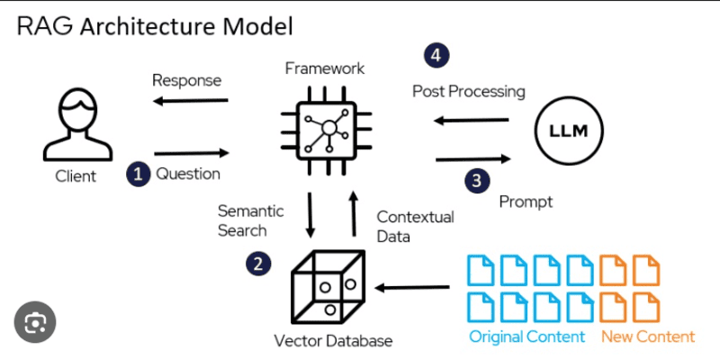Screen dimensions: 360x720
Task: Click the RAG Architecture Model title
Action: pos(155,26)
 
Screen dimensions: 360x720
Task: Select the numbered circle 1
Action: pos(137,174)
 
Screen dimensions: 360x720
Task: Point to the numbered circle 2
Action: pos(258,264)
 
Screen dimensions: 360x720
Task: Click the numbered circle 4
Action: pos(436,56)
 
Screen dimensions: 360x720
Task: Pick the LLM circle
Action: pos(568,131)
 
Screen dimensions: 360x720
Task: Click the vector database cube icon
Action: pos(327,286)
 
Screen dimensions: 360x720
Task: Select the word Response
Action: pos(186,80)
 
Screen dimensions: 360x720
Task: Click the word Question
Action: pos(188,173)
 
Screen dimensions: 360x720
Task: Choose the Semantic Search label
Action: pos(250,220)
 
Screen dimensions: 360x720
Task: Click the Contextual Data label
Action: pos(415,227)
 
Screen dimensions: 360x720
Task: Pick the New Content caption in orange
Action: pos(648,337)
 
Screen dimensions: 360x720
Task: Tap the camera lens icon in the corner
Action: pos(35,321)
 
